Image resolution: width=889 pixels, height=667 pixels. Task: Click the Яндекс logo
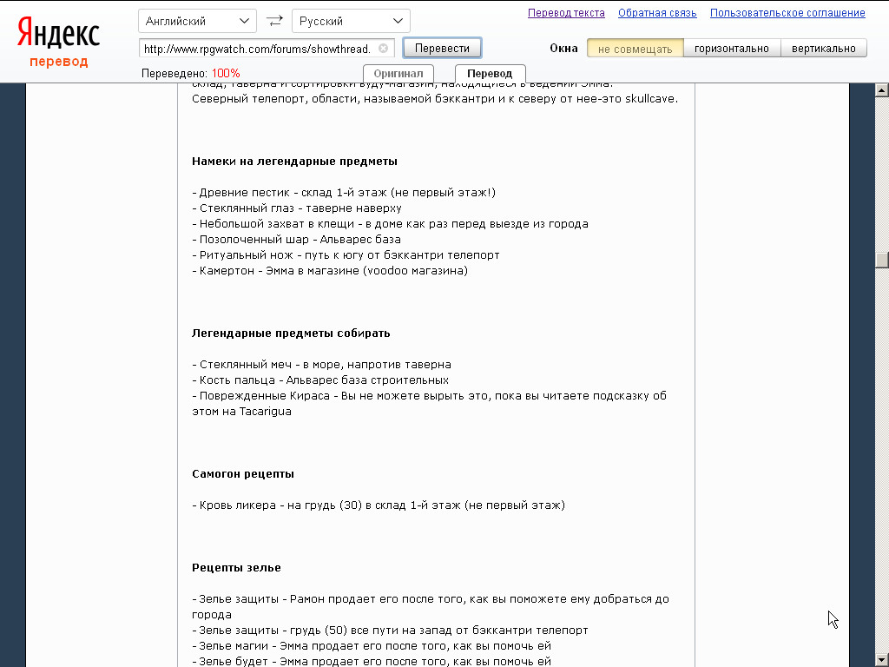point(59,33)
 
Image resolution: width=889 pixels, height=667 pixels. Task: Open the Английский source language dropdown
point(197,21)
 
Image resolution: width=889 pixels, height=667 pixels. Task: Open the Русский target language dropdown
point(351,21)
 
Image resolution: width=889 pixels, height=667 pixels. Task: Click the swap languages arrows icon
point(274,21)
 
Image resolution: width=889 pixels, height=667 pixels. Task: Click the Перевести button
point(442,48)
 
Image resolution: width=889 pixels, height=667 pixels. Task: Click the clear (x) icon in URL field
point(383,49)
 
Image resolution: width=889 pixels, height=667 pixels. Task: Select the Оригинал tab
point(398,74)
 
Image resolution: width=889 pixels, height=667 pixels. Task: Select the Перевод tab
point(490,74)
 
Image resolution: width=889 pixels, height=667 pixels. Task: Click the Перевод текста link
point(566,13)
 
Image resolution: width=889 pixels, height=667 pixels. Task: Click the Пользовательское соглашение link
point(787,13)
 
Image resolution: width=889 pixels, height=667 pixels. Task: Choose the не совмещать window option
point(635,49)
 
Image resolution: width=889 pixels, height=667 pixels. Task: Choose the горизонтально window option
point(732,49)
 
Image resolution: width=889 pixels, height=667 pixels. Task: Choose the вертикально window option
point(823,49)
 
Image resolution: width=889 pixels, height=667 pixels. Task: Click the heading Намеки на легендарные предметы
point(294,162)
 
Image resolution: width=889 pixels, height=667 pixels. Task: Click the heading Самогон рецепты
point(243,474)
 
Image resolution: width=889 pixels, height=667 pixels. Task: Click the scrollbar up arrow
point(881,90)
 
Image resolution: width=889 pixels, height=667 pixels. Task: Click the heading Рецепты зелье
point(236,568)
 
